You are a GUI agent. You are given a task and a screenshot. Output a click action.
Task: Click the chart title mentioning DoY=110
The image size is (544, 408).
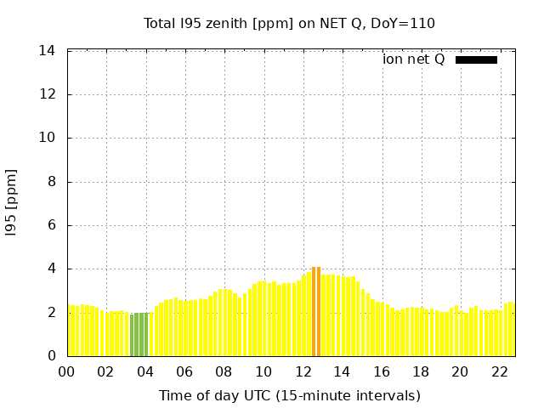point(289,23)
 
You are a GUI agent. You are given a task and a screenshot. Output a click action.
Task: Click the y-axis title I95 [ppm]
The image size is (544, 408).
point(12,203)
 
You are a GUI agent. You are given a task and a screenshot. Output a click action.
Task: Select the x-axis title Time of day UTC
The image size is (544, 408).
point(289,395)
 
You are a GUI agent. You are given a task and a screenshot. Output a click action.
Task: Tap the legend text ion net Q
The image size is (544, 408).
point(414,59)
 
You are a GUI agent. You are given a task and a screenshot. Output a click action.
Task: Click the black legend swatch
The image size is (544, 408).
point(476,59)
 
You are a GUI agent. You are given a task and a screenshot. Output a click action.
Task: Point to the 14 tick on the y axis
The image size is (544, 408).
point(48,51)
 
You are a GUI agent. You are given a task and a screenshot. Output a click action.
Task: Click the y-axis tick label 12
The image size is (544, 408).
point(48,94)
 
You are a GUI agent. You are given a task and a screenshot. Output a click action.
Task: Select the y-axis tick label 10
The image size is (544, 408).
point(48,138)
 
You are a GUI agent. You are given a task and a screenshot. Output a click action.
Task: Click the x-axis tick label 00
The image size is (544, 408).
point(66,371)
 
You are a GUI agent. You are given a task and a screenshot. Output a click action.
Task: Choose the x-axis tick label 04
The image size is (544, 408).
point(145,371)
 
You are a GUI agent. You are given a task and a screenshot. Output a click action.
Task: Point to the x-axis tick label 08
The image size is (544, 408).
point(224,371)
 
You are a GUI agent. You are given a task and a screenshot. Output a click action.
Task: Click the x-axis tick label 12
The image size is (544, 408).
point(303,371)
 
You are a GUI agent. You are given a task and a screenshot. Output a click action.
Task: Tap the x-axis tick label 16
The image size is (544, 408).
point(381,371)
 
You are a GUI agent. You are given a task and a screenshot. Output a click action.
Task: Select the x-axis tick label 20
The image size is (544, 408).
point(460,371)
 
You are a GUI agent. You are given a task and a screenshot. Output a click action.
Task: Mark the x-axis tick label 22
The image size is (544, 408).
point(499,371)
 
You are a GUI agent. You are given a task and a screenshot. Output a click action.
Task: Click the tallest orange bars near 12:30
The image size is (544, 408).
point(316,311)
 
